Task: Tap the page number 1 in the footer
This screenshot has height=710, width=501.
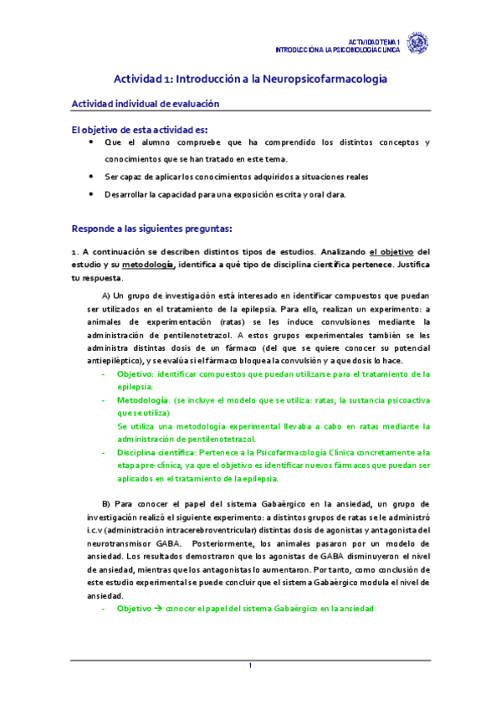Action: pyautogui.click(x=249, y=666)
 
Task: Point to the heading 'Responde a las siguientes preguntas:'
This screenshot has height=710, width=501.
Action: pyautogui.click(x=151, y=227)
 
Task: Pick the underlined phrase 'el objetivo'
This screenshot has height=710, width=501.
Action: pyautogui.click(x=391, y=251)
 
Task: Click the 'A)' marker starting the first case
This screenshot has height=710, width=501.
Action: pyautogui.click(x=107, y=295)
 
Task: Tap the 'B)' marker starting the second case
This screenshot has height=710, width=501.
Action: pyautogui.click(x=106, y=504)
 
